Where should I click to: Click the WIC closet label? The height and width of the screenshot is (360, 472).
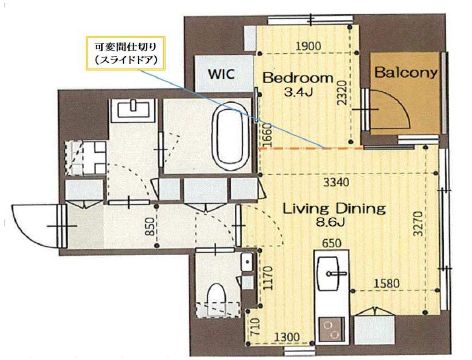[221, 74]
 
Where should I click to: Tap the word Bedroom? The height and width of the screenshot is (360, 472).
[298, 78]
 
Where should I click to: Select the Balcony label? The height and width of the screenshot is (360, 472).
[406, 72]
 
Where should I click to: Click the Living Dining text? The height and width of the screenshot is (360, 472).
[334, 209]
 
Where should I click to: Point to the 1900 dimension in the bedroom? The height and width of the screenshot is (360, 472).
[309, 46]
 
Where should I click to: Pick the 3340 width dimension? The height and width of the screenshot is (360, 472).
[337, 182]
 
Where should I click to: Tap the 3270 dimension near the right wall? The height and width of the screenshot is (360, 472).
[418, 223]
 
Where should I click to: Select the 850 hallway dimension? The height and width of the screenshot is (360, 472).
[151, 226]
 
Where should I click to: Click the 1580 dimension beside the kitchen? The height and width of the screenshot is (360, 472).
[386, 283]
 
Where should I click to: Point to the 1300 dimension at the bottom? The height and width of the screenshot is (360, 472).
[287, 337]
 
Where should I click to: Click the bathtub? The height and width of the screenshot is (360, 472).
[231, 136]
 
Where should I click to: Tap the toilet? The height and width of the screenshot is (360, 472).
[216, 299]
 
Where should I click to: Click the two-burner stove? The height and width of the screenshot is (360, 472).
[331, 329]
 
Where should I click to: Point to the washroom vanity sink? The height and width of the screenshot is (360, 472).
[134, 109]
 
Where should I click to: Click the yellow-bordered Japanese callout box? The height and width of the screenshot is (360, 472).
[125, 53]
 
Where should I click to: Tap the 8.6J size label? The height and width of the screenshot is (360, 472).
[330, 222]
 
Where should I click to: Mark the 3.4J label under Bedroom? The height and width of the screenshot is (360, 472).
[298, 92]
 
